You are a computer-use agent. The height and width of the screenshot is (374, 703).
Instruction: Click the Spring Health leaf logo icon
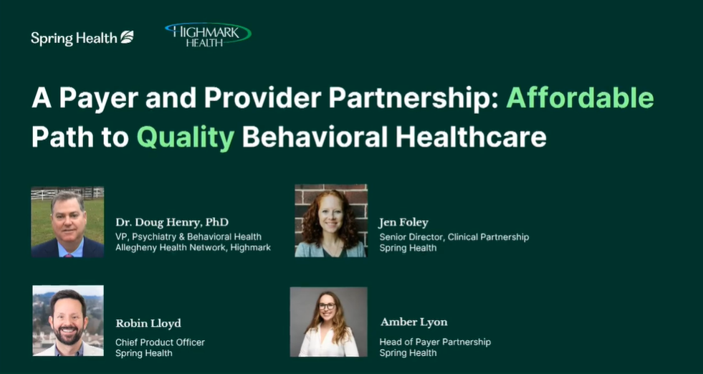click(127, 37)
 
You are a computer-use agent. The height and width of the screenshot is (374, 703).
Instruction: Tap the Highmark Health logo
click(208, 34)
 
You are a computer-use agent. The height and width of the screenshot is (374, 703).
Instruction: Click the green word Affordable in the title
click(580, 97)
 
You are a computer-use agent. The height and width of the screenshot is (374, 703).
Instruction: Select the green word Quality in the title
click(186, 136)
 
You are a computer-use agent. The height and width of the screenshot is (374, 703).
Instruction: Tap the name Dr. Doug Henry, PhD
click(172, 222)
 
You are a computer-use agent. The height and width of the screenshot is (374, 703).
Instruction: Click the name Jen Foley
click(403, 222)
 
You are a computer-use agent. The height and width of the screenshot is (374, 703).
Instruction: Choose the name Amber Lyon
click(413, 322)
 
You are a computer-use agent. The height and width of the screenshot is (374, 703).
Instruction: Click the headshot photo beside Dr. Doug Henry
click(67, 222)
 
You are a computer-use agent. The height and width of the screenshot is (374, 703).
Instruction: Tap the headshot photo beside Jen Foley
click(330, 221)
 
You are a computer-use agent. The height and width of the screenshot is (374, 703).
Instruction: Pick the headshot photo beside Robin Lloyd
click(68, 320)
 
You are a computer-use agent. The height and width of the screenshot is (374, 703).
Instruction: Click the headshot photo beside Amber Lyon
click(328, 322)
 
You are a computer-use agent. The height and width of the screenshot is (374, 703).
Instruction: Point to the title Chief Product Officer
click(160, 342)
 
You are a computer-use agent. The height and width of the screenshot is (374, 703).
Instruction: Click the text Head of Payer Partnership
click(435, 342)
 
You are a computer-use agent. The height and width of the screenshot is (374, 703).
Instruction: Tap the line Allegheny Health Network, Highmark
click(193, 248)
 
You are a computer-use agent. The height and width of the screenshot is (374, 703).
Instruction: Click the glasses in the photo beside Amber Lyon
click(327, 307)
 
